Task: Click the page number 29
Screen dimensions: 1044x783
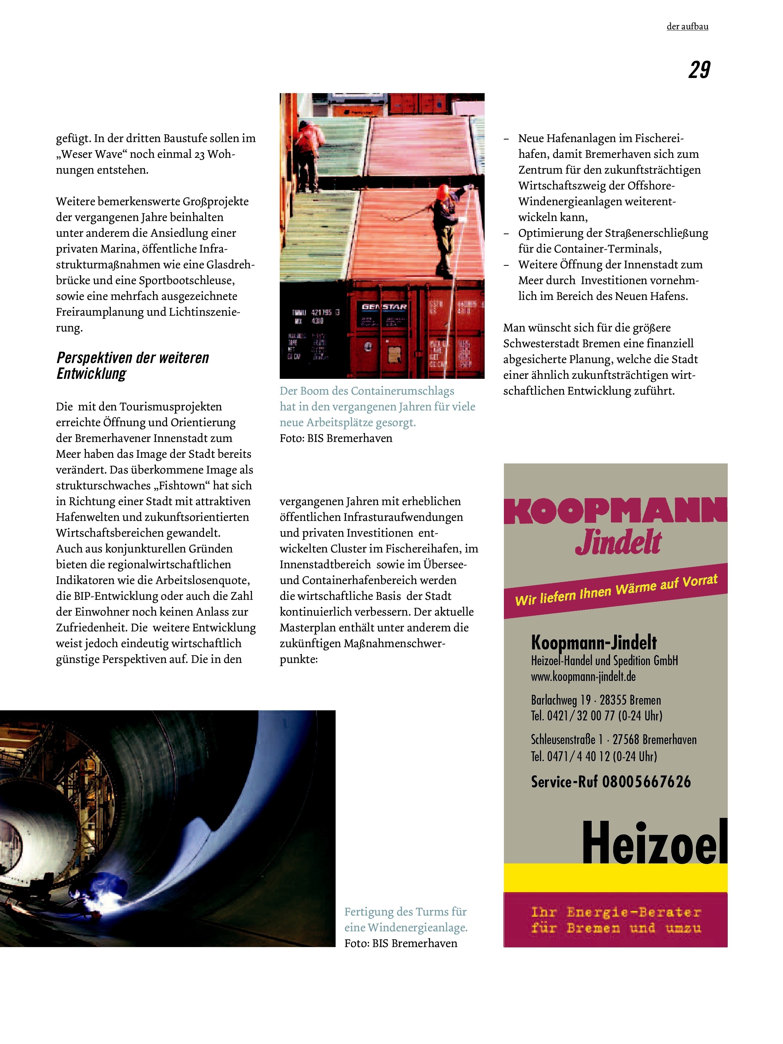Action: [699, 70]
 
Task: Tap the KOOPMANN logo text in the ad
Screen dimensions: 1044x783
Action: [615, 511]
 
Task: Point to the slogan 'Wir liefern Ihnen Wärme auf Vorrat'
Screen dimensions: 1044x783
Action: [616, 590]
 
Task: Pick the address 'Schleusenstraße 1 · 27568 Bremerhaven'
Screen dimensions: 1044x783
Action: [613, 740]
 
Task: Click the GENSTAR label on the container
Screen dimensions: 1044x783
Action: [384, 307]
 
